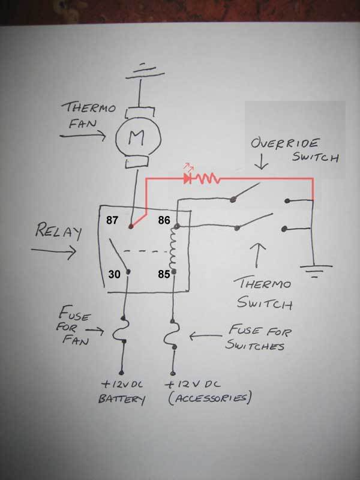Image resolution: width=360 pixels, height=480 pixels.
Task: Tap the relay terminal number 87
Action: [113, 221]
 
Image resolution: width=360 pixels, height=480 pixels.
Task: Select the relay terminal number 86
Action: [165, 221]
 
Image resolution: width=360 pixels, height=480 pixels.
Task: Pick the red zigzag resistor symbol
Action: [208, 178]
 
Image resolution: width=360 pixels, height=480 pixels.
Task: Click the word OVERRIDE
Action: [284, 145]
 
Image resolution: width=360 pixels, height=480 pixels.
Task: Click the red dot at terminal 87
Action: [131, 227]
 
